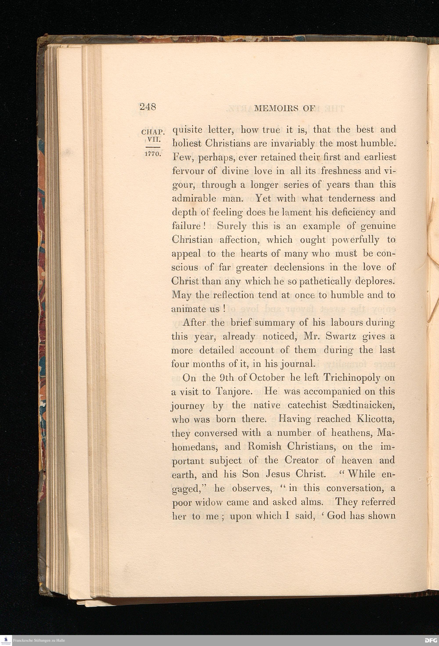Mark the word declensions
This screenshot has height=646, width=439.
pos(298,267)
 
